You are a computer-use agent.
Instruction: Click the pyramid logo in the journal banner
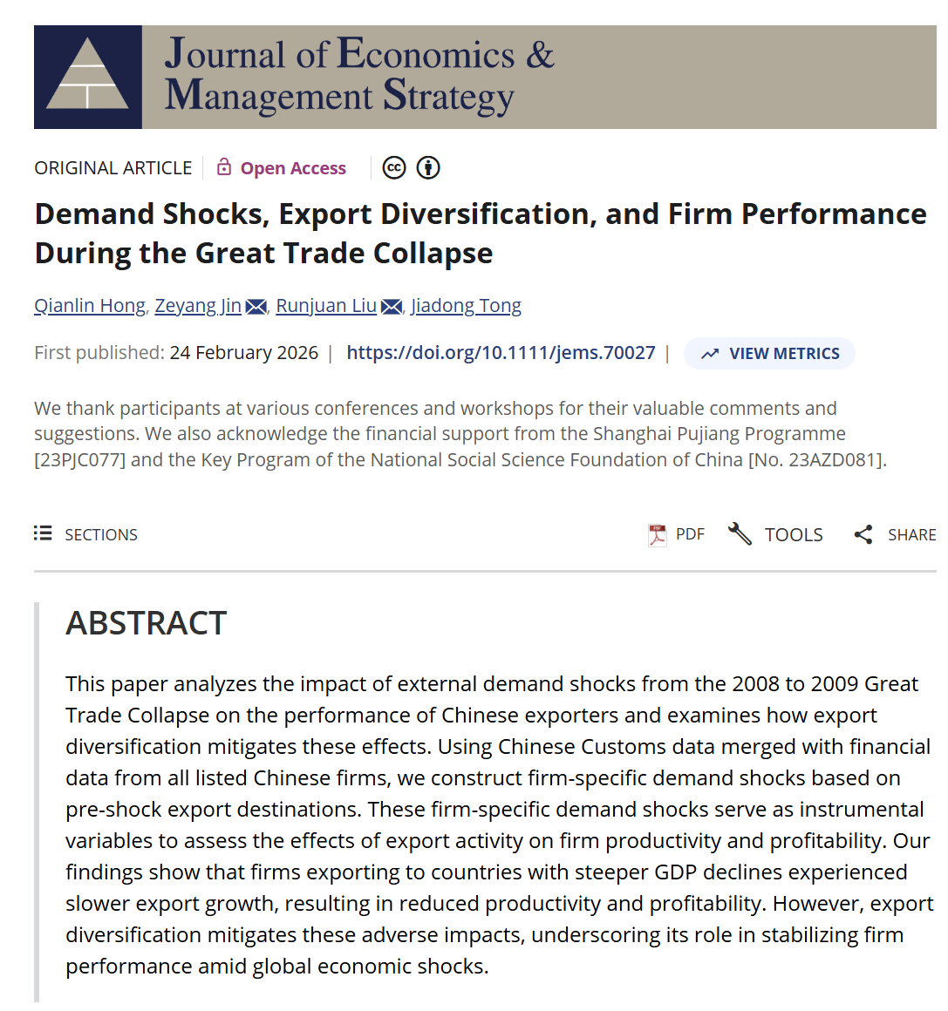(x=87, y=77)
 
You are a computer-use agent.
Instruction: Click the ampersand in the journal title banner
(x=540, y=55)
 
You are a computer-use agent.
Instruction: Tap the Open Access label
(x=293, y=168)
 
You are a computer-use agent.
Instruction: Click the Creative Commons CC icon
(x=394, y=167)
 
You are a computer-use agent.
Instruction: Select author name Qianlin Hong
(x=90, y=306)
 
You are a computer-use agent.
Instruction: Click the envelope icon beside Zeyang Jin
(x=256, y=307)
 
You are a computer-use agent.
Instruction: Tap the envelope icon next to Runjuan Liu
(x=392, y=307)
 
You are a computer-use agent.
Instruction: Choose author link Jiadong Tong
(x=466, y=306)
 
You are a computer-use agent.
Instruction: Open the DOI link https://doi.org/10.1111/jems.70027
(x=501, y=353)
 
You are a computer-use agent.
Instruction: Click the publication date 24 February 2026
(x=244, y=353)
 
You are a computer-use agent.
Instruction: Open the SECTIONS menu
(x=86, y=534)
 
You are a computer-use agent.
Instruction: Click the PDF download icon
(x=657, y=534)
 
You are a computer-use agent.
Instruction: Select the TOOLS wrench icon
(x=740, y=533)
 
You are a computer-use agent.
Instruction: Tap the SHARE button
(x=895, y=534)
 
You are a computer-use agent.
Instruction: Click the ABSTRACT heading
(x=147, y=623)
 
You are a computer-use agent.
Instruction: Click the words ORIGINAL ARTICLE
(x=113, y=168)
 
